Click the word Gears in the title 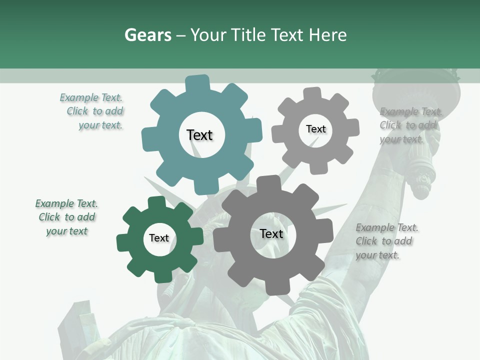[147, 35]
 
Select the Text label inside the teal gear [200, 135]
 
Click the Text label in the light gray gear [315, 129]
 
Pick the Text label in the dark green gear [159, 238]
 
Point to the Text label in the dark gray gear [271, 234]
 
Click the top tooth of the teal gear [197, 82]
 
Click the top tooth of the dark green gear [157, 202]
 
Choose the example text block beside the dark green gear [66, 217]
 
